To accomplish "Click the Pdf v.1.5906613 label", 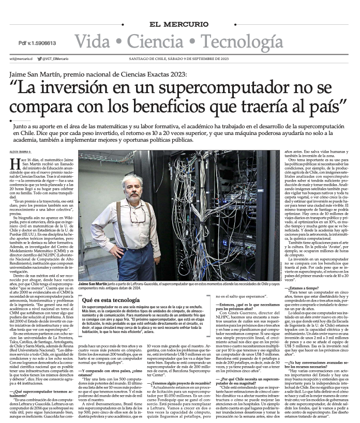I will point(37,43).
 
